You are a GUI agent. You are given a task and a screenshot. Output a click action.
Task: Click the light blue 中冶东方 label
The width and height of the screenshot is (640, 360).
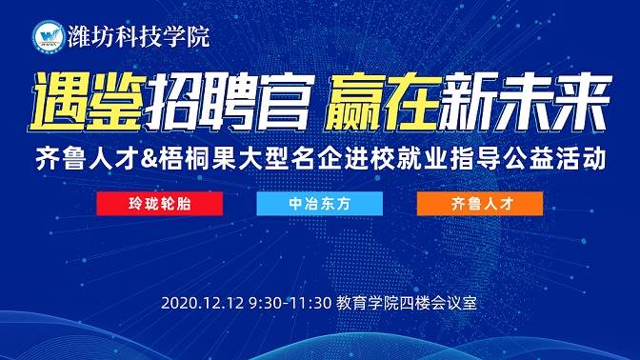pyautogui.click(x=319, y=204)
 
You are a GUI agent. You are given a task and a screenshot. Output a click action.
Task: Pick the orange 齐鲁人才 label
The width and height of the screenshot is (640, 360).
pyautogui.click(x=479, y=204)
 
